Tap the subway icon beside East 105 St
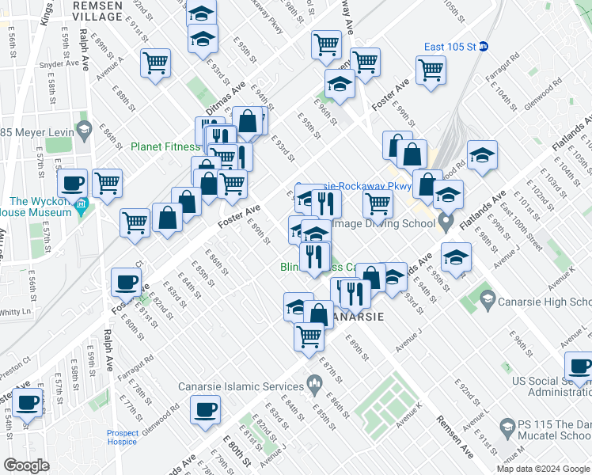click(484, 46)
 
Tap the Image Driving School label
click(384, 223)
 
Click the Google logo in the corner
click(28, 465)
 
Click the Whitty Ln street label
click(15, 313)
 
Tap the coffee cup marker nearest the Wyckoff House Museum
click(73, 184)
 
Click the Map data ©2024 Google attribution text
click(543, 469)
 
